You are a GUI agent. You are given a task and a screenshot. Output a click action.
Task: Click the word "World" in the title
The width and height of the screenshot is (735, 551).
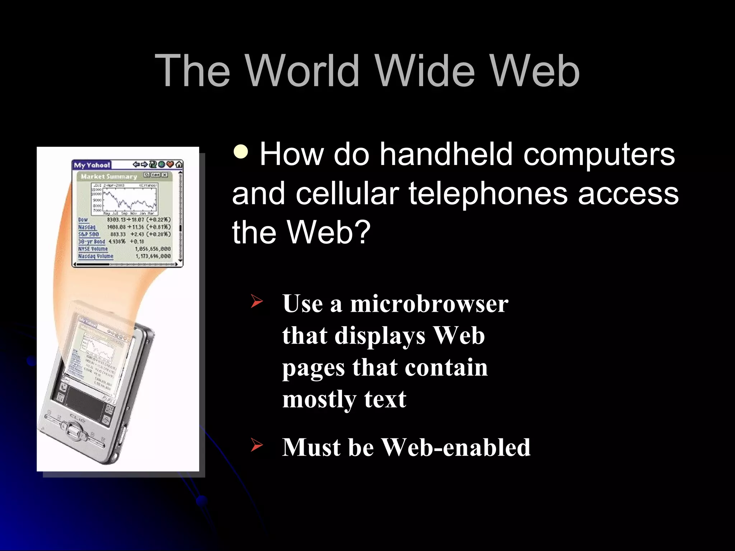pos(303,71)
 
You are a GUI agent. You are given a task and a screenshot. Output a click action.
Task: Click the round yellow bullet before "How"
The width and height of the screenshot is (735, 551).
pos(241,152)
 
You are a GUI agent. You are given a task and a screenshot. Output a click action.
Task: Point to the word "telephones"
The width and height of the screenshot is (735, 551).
pos(488,193)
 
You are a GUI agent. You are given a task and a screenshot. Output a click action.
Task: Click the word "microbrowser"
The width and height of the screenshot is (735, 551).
pos(429,303)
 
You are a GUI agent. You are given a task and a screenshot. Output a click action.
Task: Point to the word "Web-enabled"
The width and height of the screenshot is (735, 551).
pos(455,447)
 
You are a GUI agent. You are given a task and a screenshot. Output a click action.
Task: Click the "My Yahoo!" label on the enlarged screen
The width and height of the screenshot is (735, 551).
pos(92,165)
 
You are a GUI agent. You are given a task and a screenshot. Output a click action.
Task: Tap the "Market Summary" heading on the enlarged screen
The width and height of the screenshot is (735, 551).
pos(109,176)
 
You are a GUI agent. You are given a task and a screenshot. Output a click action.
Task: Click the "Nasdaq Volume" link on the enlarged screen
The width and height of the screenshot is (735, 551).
pos(95,256)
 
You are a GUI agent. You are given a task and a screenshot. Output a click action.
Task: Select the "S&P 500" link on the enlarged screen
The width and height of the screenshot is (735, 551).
pos(88,234)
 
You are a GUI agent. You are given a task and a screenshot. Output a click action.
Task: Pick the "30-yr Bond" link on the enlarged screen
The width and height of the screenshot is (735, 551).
pos(92,241)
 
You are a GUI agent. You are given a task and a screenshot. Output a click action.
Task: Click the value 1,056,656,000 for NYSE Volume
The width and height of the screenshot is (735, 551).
pos(153,249)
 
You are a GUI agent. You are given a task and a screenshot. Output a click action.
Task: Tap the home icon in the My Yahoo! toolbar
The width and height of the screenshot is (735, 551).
pos(179,165)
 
